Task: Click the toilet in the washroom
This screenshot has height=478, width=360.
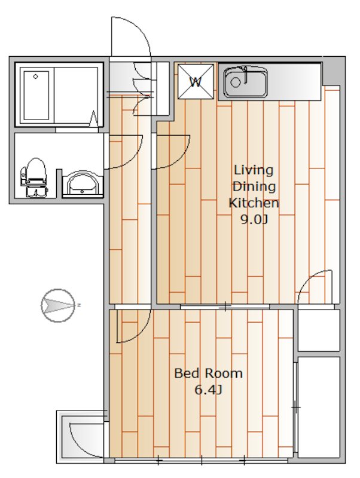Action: coord(33,177)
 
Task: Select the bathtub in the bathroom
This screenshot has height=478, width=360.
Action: coord(36,96)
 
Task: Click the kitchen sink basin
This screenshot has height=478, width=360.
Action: coord(246,82)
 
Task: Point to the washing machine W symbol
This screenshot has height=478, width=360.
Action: coord(196,81)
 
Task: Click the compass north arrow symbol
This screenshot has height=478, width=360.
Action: coord(58,305)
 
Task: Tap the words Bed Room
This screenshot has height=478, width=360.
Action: coord(208,373)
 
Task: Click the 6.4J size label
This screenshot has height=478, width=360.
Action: coord(208,390)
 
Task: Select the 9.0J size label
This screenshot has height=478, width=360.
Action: coord(254,219)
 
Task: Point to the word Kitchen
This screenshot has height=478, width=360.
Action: coord(254,203)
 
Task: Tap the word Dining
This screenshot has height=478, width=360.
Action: coord(254,186)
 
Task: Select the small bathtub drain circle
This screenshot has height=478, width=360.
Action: coord(36,76)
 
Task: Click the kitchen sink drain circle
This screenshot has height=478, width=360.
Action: coord(235,82)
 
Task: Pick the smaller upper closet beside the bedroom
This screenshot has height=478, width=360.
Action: coord(319,330)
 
